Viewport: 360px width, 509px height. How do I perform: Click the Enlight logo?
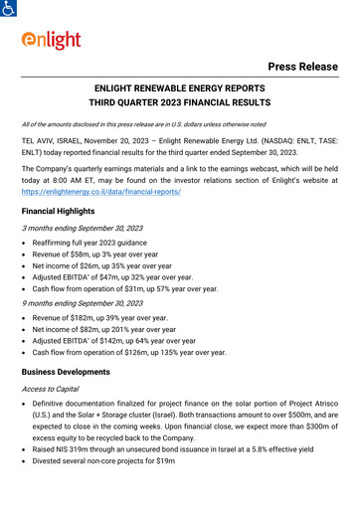coord(53,42)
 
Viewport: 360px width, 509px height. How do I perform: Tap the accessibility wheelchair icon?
coord(9,7)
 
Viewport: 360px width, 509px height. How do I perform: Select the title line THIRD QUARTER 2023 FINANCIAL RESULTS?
coord(180,102)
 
